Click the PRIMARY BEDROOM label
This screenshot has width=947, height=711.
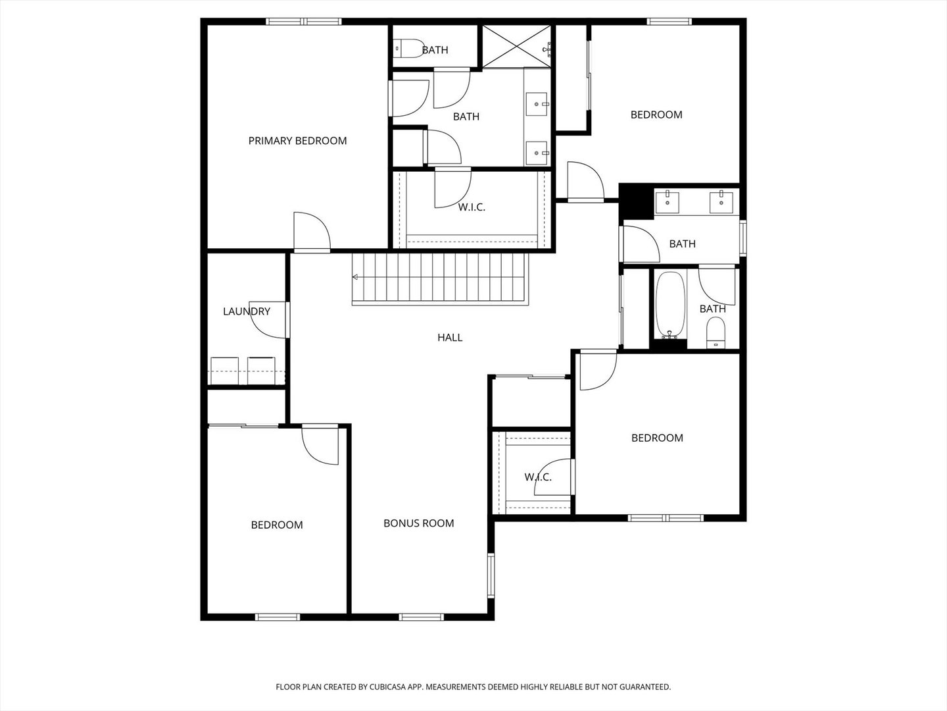297,141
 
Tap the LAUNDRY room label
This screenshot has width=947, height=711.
247,311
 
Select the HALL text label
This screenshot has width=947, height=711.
450,338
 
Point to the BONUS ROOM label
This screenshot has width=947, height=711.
419,523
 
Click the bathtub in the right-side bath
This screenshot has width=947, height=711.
670,305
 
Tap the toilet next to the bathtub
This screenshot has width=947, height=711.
715,332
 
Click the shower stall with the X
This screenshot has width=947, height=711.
516,45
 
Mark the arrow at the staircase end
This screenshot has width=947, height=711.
356,277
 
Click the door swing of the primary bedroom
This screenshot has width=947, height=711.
312,232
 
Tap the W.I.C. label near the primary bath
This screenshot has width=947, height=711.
472,207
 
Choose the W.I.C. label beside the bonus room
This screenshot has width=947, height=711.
538,477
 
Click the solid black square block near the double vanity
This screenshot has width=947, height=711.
635,201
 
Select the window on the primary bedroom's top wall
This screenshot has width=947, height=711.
304,22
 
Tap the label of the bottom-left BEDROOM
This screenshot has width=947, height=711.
277,525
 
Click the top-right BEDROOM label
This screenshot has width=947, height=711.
656,115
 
